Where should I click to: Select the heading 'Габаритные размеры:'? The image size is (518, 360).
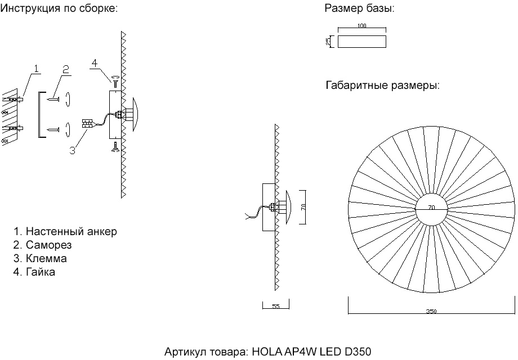click(x=382, y=86)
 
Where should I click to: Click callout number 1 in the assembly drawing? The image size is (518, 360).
click(x=36, y=69)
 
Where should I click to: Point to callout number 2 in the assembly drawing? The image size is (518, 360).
click(x=66, y=69)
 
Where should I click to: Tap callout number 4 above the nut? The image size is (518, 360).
click(x=95, y=63)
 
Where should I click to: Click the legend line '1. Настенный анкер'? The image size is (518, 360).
click(x=65, y=232)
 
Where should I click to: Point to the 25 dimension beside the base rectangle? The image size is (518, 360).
click(x=328, y=42)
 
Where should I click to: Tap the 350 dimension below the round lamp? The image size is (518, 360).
click(x=431, y=310)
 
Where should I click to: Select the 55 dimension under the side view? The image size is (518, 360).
click(x=276, y=307)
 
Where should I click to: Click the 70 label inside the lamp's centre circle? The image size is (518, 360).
click(x=431, y=208)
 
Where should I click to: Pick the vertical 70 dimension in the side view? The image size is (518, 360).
click(x=303, y=207)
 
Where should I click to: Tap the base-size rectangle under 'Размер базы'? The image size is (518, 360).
click(x=362, y=42)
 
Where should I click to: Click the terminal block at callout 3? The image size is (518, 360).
click(x=87, y=124)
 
